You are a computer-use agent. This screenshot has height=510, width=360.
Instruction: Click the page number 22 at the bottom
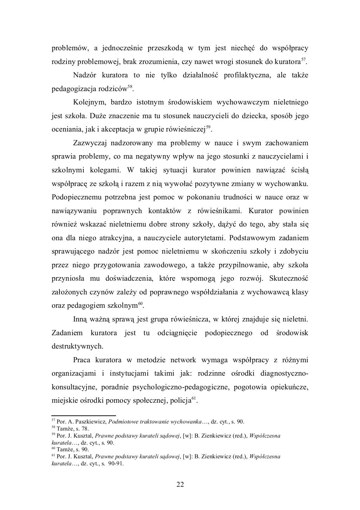coord(180,485)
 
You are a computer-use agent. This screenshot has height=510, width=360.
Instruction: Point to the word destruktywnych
coord(77,346)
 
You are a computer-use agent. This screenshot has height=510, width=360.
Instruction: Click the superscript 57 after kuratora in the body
coord(303,60)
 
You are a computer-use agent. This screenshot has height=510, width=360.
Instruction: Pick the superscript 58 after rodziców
coord(130,87)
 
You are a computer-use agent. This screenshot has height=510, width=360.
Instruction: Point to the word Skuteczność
coord(288,279)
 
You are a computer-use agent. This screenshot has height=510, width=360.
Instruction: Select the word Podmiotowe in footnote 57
coord(122,422)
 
